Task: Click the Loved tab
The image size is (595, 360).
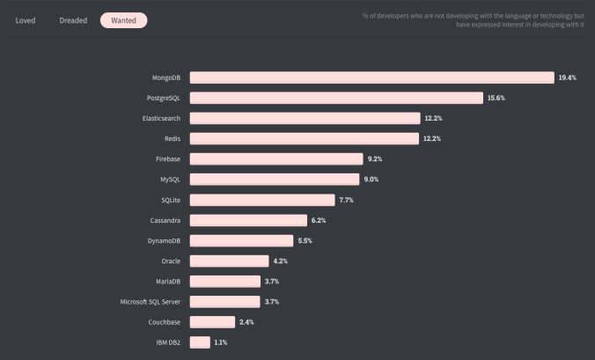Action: click(26, 19)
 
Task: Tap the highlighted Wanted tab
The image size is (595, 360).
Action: click(123, 19)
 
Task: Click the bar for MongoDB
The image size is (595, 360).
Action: click(371, 77)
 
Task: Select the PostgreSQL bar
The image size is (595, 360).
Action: click(336, 98)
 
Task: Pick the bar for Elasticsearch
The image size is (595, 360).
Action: click(305, 118)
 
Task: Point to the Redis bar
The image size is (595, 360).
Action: click(305, 138)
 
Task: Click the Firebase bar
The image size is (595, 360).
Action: click(276, 158)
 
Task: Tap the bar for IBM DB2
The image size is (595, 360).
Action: click(200, 342)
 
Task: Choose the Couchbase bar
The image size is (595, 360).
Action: click(212, 321)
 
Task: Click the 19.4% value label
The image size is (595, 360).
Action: click(567, 77)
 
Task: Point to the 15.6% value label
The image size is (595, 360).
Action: click(496, 98)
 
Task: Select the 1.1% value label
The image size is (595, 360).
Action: click(220, 342)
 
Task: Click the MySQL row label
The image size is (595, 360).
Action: click(170, 180)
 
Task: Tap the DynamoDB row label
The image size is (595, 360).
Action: click(164, 240)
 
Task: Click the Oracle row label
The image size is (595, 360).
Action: click(170, 261)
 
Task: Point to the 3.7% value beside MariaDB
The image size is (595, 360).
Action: click(272, 281)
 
